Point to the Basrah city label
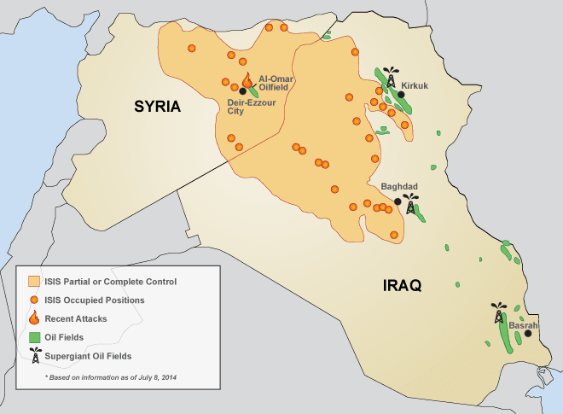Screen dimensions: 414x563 click(523, 325)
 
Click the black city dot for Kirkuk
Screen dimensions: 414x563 click(401, 95)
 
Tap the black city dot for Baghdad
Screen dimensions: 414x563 click(398, 202)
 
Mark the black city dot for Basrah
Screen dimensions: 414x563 click(527, 334)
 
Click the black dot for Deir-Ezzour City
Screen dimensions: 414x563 click(243, 91)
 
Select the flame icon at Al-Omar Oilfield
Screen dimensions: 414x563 click(247, 80)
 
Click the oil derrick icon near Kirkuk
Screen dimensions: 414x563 click(391, 77)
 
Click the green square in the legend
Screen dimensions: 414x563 click(34, 337)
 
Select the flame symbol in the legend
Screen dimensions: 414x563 click(34, 318)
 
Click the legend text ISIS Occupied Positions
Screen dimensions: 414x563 click(94, 300)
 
